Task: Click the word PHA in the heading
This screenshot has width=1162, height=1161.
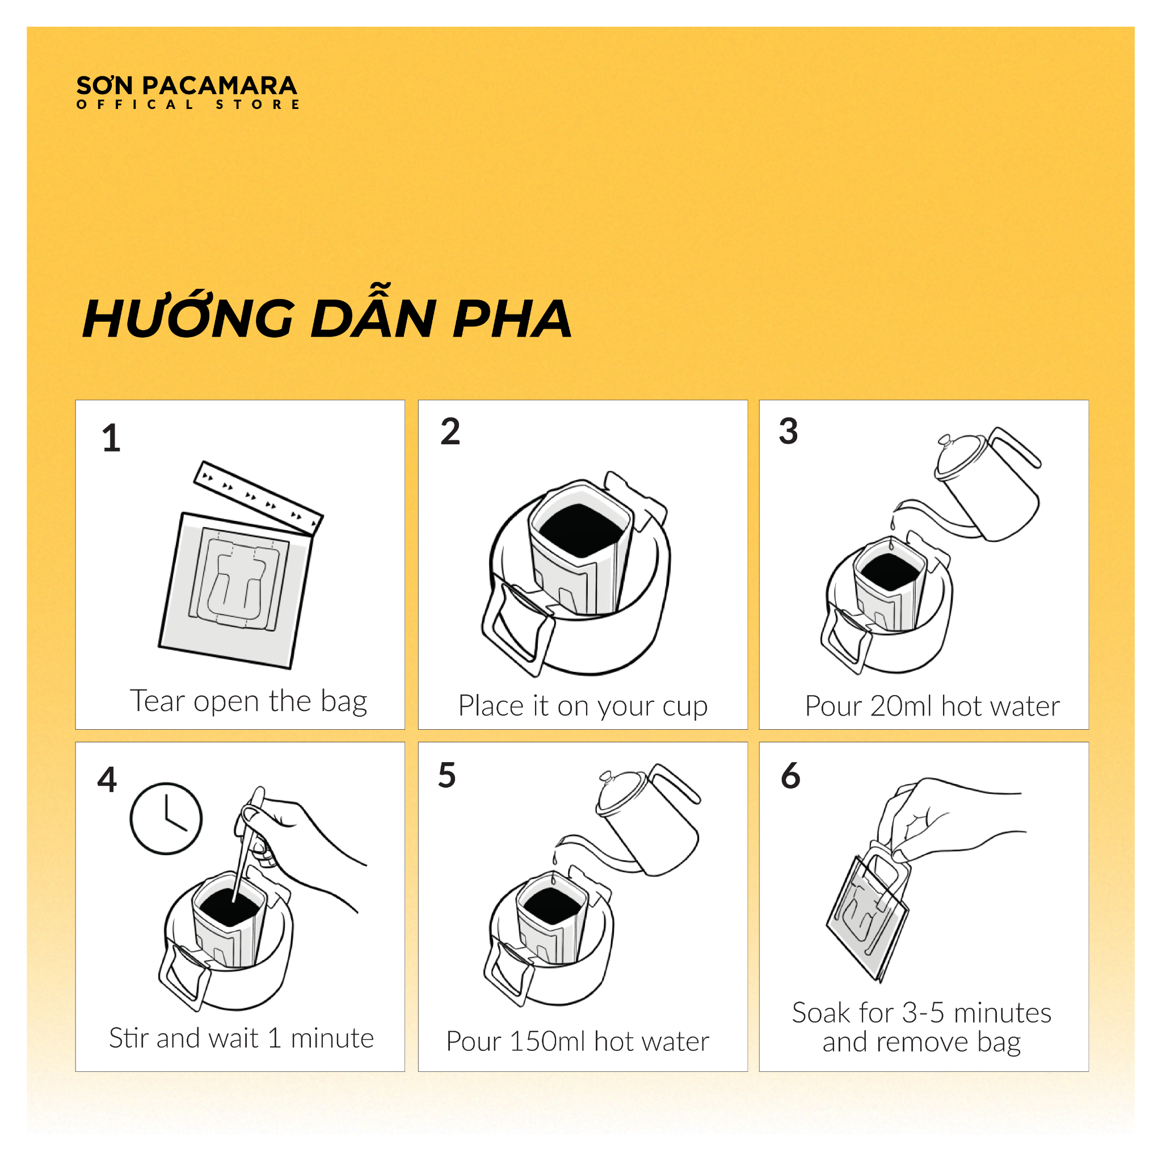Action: coord(511,318)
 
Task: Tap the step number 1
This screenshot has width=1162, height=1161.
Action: coord(111,438)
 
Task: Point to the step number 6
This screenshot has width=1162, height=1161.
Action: coord(790,775)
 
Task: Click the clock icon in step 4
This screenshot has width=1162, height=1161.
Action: coord(166,818)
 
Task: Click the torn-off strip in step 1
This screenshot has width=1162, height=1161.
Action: coord(258,498)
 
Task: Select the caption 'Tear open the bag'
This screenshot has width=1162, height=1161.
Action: coord(249,701)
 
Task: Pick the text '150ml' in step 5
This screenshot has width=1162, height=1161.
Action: coord(542,1041)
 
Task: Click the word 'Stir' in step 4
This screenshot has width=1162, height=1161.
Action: coord(129,1038)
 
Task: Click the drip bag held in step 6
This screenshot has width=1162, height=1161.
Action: coord(868,915)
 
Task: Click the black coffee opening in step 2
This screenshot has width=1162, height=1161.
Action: coord(581,530)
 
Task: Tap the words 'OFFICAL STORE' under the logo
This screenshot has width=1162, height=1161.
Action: coord(188,104)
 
